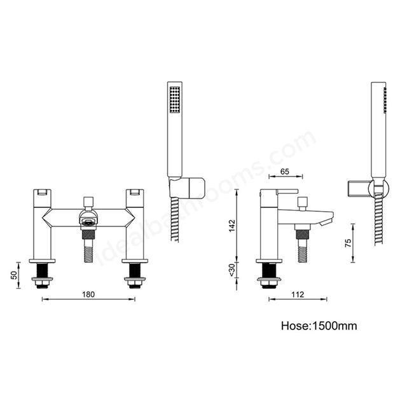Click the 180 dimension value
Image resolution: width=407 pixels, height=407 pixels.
coord(88,294)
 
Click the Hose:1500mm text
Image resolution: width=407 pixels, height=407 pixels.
coord(319,326)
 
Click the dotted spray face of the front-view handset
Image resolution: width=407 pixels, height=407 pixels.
coord(175,102)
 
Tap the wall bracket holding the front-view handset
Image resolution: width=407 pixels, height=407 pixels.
coord(189,187)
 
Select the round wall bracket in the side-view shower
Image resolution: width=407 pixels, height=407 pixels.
coord(380,188)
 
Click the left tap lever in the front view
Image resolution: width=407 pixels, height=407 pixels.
coord(43,191)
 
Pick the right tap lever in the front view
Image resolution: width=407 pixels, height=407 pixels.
coord(134,191)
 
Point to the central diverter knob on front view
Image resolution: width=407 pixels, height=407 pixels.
coord(88,202)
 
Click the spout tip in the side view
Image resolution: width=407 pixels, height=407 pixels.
coord(328,219)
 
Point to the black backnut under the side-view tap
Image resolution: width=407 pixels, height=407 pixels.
coord(269,272)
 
